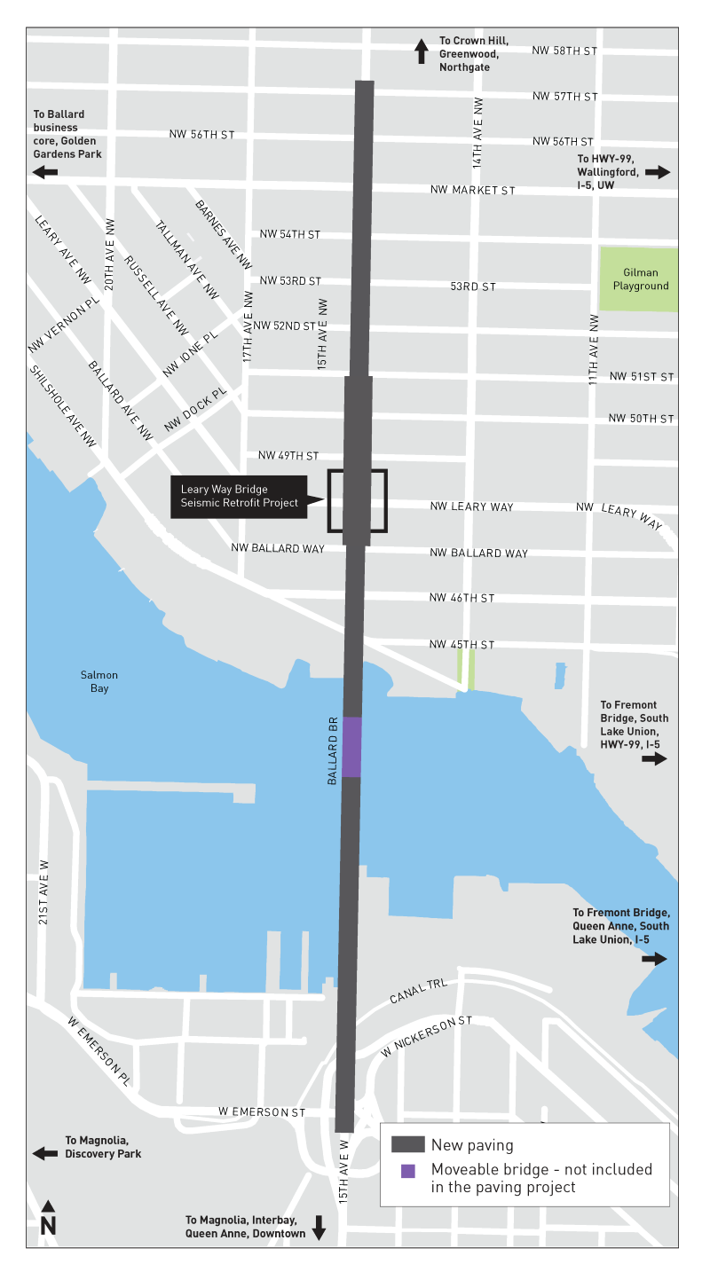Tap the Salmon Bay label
click(x=99, y=681)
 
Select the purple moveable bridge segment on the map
click(x=352, y=747)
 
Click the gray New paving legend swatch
click(x=406, y=1144)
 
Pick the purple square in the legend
click(x=407, y=1170)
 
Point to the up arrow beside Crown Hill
click(x=422, y=51)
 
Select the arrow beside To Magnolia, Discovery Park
click(x=44, y=1153)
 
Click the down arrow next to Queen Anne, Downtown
click(x=319, y=1227)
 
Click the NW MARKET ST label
click(x=472, y=190)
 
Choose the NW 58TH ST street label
click(x=564, y=51)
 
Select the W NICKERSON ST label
click(x=427, y=1036)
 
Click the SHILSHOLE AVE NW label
click(x=62, y=405)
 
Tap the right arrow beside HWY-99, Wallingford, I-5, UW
click(x=658, y=172)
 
